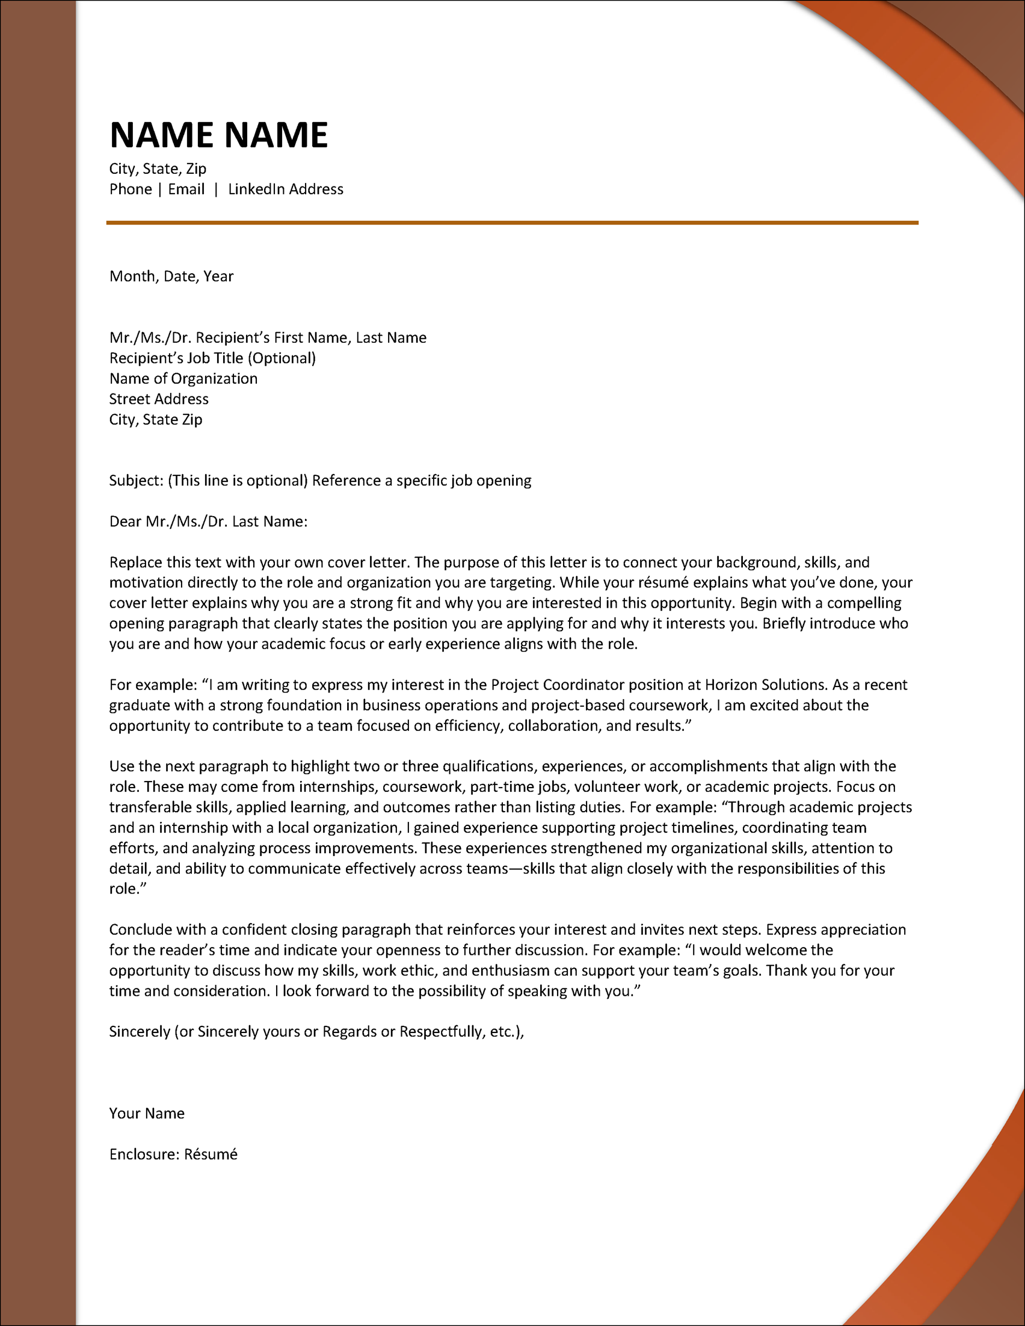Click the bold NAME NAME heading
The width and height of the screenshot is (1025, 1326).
tap(218, 135)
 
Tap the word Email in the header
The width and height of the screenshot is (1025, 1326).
tap(186, 190)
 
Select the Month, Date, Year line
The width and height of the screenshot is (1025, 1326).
tap(171, 276)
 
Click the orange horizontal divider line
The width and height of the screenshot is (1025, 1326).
tap(512, 223)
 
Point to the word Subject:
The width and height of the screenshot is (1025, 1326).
tap(137, 480)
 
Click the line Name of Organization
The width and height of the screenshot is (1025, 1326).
tap(183, 378)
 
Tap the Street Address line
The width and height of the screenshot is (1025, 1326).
tap(159, 399)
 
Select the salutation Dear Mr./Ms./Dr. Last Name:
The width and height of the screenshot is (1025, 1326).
tap(208, 522)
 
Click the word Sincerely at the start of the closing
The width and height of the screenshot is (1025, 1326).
tap(140, 1032)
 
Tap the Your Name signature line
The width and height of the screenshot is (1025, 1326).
tap(147, 1113)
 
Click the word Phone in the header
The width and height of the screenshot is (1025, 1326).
tap(131, 190)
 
